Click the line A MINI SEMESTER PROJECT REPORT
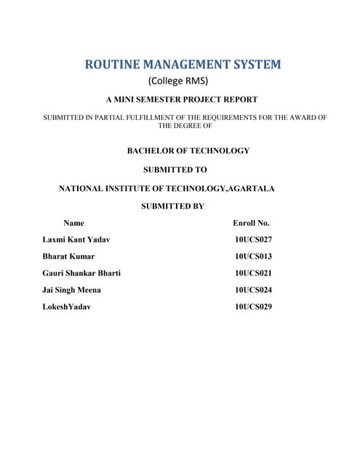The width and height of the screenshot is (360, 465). pyautogui.click(x=182, y=99)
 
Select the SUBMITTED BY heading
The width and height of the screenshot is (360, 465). pyautogui.click(x=172, y=206)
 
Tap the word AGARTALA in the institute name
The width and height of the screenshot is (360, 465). pyautogui.click(x=251, y=188)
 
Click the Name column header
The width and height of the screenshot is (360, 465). pyautogui.click(x=73, y=223)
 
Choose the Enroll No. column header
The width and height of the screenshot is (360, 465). pyautogui.click(x=251, y=223)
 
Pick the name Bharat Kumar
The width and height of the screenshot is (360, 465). pyautogui.click(x=68, y=256)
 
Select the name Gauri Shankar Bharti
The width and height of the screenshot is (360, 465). pyautogui.click(x=81, y=273)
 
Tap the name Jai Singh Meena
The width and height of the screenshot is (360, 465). pyautogui.click(x=72, y=290)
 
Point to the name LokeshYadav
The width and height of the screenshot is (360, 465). pyautogui.click(x=67, y=307)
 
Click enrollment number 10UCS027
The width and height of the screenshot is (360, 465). pyautogui.click(x=253, y=239)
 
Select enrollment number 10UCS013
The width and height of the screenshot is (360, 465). pyautogui.click(x=253, y=256)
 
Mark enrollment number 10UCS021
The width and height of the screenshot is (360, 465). pyautogui.click(x=253, y=273)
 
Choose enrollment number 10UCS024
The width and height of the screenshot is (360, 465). pyautogui.click(x=253, y=290)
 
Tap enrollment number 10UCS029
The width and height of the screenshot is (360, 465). pyautogui.click(x=253, y=307)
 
